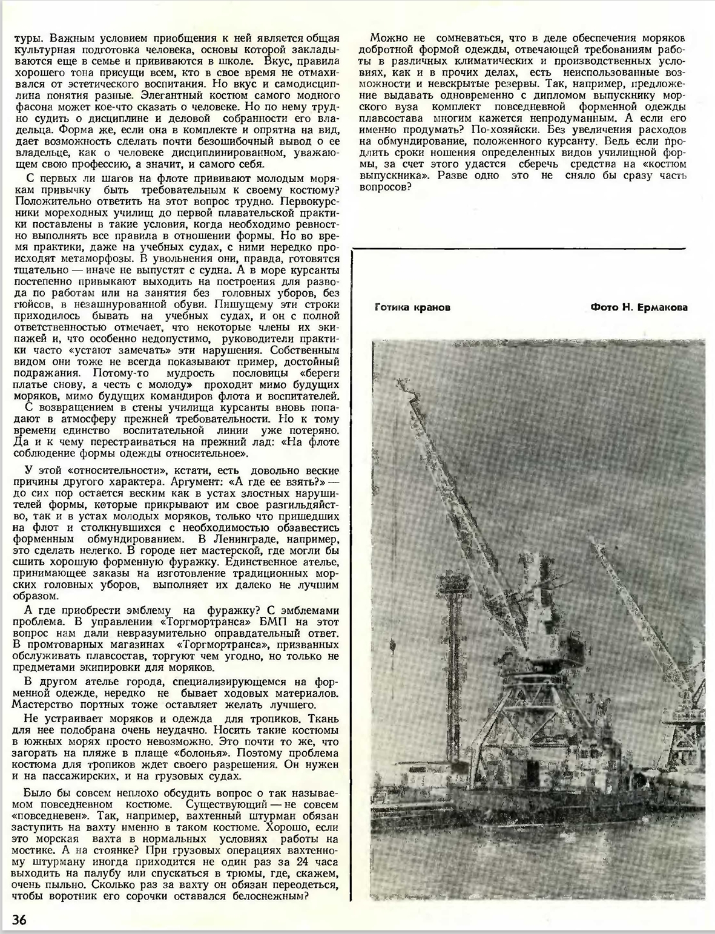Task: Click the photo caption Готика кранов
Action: coord(412,307)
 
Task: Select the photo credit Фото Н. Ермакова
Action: coord(639,307)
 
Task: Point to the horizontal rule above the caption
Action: coord(519,248)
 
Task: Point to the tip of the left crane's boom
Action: coord(401,383)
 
